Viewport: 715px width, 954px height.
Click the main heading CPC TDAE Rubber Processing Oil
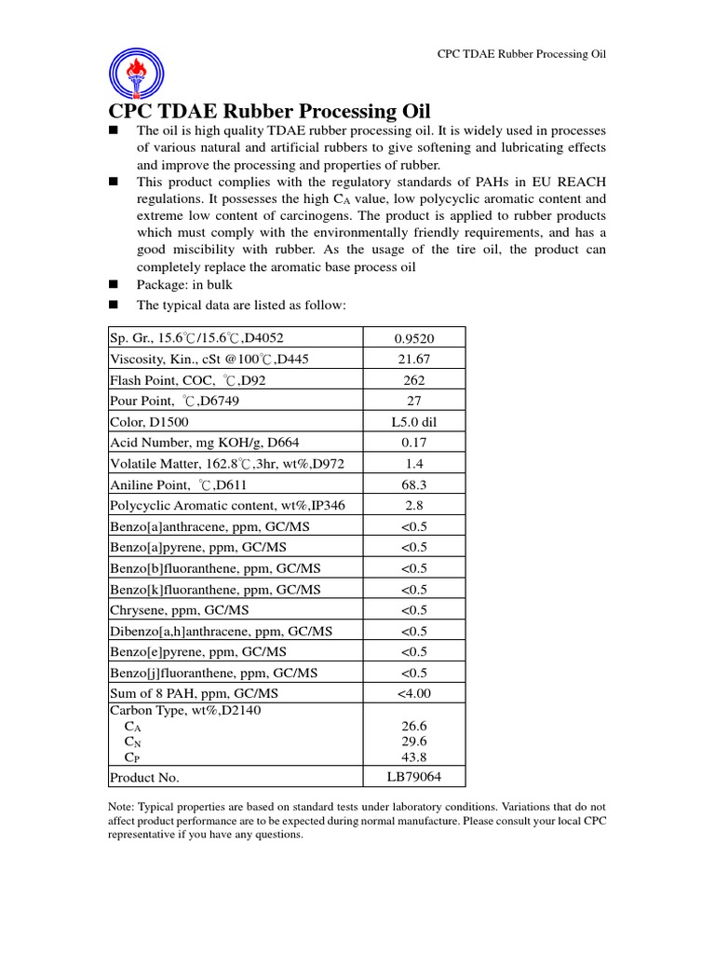click(270, 111)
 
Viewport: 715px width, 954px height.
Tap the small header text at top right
click(521, 54)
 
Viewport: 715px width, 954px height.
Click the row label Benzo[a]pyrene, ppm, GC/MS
click(198, 547)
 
